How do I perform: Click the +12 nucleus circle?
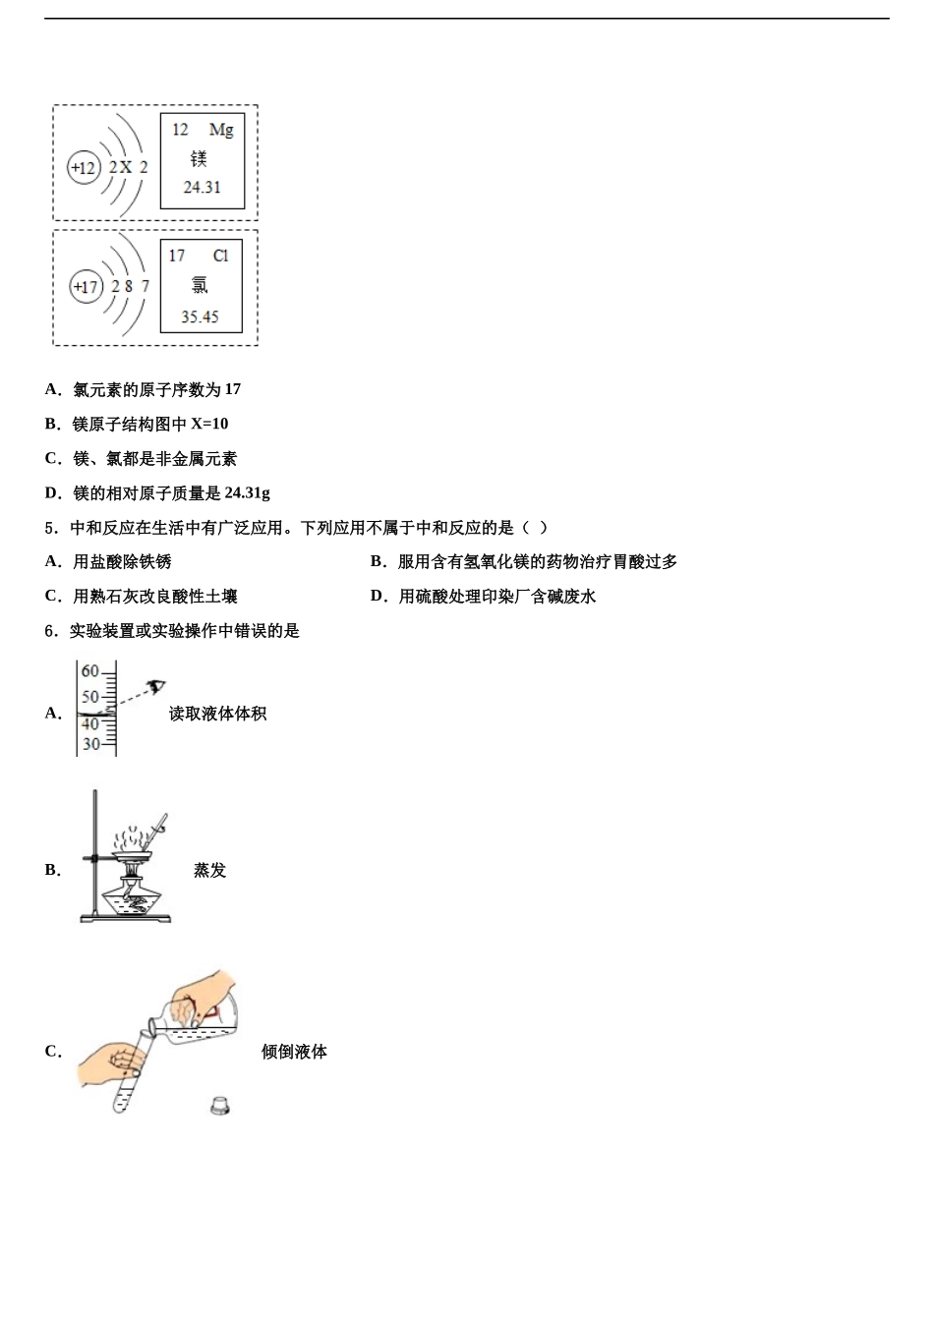click(84, 168)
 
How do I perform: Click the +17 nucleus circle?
click(87, 287)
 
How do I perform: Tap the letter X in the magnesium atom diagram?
click(126, 168)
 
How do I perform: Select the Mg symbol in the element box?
click(221, 130)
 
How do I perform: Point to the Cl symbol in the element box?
click(220, 256)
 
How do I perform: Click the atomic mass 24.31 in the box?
click(203, 188)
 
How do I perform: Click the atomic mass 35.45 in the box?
click(200, 316)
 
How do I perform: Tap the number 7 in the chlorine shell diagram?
click(146, 286)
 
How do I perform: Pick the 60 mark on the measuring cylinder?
click(90, 671)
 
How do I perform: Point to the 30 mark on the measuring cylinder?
click(91, 744)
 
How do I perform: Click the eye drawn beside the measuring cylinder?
click(155, 686)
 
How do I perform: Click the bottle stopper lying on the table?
click(220, 1106)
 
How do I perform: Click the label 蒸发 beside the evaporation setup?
click(209, 870)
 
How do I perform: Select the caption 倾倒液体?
click(294, 1052)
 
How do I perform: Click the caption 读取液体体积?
click(217, 714)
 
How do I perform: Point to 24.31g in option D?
click(247, 492)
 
